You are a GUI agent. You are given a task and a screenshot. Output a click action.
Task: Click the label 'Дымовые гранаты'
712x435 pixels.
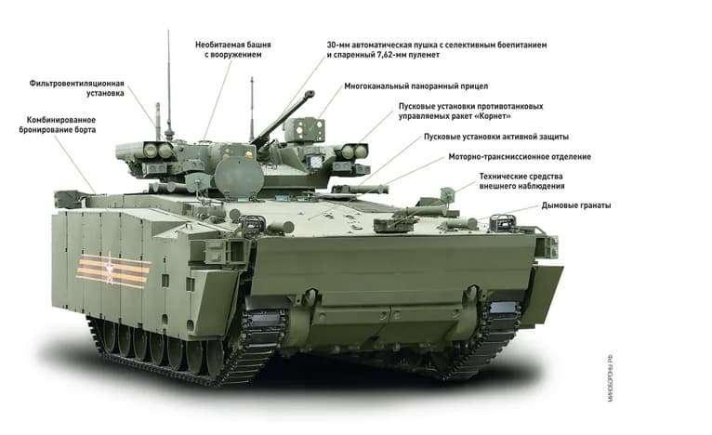[x=575, y=205]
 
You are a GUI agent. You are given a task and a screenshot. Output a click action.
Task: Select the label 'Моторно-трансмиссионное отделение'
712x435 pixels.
[x=520, y=157]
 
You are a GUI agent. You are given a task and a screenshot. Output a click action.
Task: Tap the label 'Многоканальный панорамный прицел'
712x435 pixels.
[x=415, y=86]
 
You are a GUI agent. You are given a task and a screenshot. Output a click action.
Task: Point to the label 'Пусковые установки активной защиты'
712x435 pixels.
[x=495, y=137]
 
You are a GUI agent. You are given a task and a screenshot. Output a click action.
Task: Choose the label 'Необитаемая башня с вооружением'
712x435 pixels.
[x=233, y=49]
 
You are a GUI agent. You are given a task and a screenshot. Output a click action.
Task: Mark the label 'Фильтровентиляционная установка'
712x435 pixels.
[x=77, y=88]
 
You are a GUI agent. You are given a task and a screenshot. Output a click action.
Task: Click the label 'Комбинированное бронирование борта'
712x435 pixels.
[x=58, y=125]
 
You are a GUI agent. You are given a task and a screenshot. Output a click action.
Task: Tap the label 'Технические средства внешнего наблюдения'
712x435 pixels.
[x=521, y=180]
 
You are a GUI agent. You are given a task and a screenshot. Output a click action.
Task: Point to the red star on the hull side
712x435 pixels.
[x=109, y=269]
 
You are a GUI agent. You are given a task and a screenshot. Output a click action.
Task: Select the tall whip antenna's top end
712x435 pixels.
[x=168, y=31]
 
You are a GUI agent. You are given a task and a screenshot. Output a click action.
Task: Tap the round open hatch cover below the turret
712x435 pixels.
[x=239, y=177]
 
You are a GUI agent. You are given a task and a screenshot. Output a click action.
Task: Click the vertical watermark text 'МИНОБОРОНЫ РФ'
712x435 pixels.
[x=610, y=378]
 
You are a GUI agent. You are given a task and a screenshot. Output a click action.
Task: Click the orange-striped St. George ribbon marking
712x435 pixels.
[x=113, y=271]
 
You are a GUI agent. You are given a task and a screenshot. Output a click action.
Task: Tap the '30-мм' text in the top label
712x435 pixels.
[x=338, y=45]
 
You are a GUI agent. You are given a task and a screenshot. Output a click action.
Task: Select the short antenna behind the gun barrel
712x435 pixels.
[x=252, y=109]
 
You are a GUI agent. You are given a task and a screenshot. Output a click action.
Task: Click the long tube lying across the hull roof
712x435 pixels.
[x=363, y=188]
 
